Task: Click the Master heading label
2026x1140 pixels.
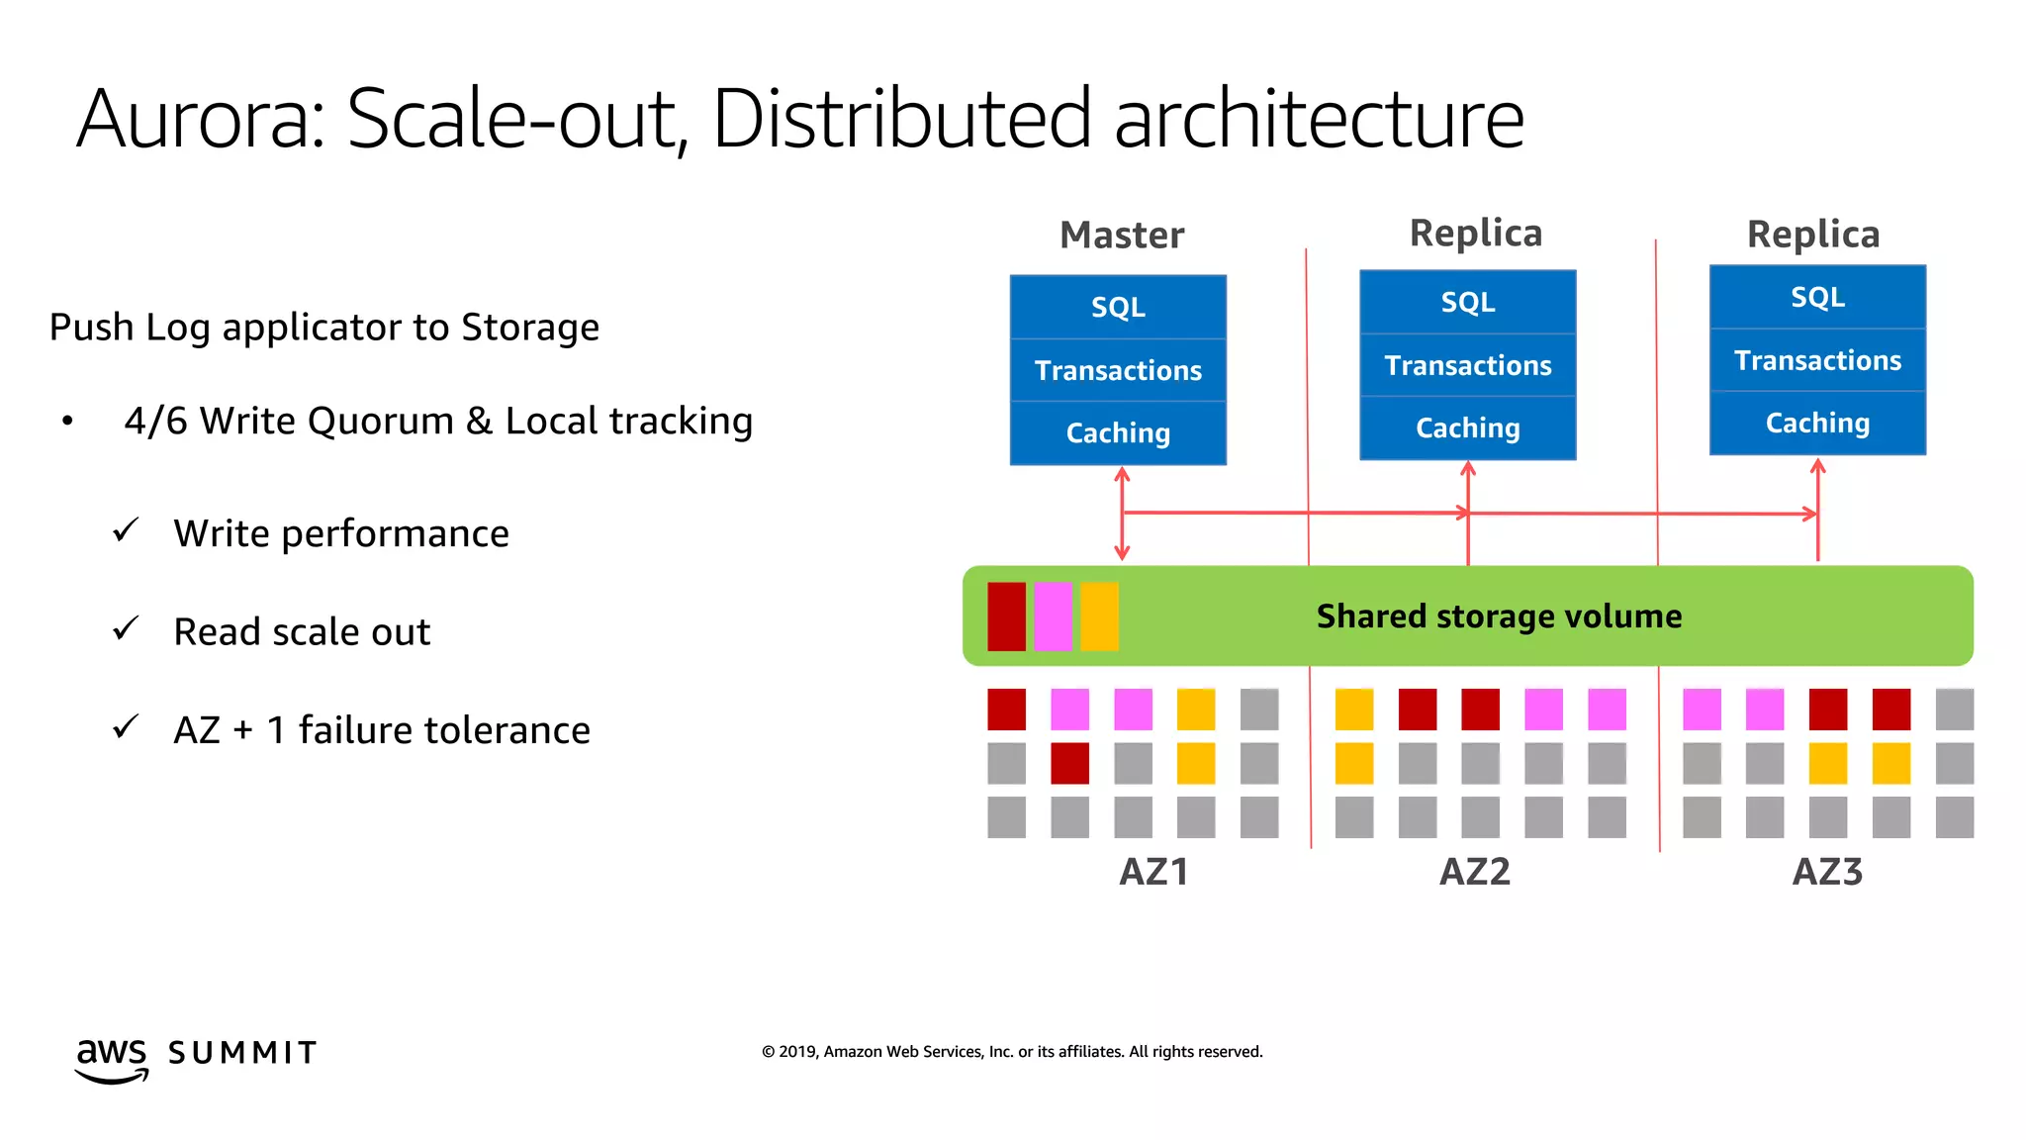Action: pyautogui.click(x=1122, y=236)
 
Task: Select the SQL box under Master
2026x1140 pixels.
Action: pyautogui.click(x=1118, y=307)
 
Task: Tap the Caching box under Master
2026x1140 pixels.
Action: pyautogui.click(x=1118, y=433)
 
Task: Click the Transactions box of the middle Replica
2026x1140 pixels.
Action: pyautogui.click(x=1468, y=365)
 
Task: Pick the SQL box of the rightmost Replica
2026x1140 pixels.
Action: pyautogui.click(x=1817, y=297)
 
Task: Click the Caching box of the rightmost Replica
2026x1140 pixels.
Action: pyautogui.click(x=1817, y=424)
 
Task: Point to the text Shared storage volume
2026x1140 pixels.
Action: pyautogui.click(x=1499, y=617)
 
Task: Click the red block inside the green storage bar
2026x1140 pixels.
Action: pyautogui.click(x=1006, y=617)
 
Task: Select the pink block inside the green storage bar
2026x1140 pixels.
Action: pyautogui.click(x=1053, y=617)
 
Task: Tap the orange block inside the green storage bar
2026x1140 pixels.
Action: pyautogui.click(x=1099, y=617)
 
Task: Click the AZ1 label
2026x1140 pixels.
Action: pyautogui.click(x=1153, y=872)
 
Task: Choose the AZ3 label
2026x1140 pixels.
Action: pyautogui.click(x=1827, y=872)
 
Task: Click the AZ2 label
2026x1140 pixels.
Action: pyautogui.click(x=1475, y=872)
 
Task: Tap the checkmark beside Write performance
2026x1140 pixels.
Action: pyautogui.click(x=126, y=530)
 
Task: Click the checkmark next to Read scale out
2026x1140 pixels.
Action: pyautogui.click(x=126, y=628)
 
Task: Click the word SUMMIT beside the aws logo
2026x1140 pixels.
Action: pyautogui.click(x=242, y=1053)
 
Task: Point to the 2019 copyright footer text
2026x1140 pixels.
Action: pyautogui.click(x=1012, y=1052)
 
